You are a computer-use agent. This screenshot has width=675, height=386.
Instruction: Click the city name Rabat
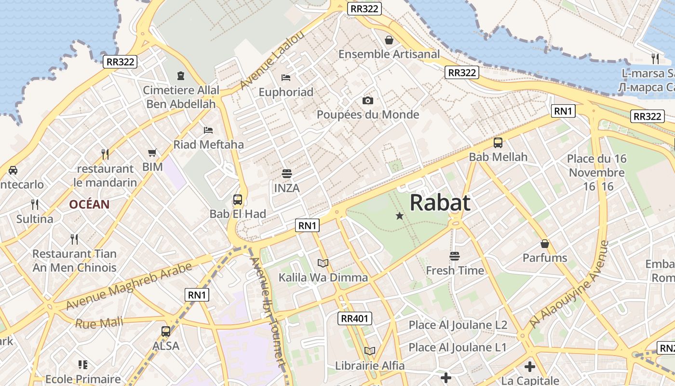(440, 203)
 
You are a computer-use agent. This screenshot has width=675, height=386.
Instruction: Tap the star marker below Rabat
(399, 216)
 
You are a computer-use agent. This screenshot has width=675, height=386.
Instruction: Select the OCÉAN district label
(89, 204)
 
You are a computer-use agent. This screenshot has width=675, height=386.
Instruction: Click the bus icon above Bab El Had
(238, 200)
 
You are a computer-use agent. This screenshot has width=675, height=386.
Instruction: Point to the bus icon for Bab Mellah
(498, 143)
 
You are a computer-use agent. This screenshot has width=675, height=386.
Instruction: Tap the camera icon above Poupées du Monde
(368, 100)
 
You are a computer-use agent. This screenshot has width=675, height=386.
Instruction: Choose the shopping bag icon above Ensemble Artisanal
(389, 40)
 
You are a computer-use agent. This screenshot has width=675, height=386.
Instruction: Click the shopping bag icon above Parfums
(545, 244)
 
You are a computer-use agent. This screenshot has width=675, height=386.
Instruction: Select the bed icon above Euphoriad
(286, 77)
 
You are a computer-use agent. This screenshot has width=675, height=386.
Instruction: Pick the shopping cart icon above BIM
(152, 153)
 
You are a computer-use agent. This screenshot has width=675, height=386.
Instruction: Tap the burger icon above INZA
(287, 174)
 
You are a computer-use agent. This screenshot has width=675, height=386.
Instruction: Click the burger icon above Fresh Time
(455, 256)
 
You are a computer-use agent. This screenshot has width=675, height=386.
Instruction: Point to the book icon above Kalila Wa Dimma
(323, 263)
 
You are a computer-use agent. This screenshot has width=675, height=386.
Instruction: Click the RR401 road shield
(354, 318)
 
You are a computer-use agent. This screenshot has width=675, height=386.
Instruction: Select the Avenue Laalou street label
(272, 60)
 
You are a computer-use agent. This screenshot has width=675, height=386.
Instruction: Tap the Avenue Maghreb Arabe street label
(129, 286)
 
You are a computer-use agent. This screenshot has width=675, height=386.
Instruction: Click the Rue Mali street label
(99, 322)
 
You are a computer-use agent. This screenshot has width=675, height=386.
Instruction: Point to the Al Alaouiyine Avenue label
(569, 285)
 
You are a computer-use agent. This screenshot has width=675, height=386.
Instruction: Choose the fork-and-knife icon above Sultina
(35, 204)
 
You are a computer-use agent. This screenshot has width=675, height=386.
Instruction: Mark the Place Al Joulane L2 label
(458, 325)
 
